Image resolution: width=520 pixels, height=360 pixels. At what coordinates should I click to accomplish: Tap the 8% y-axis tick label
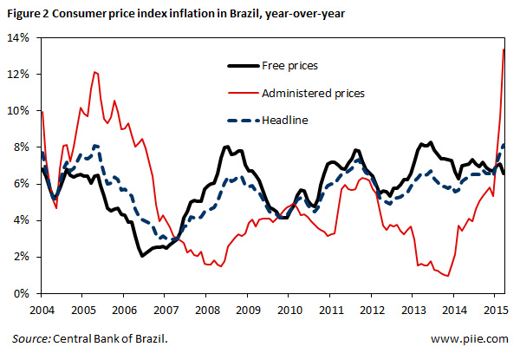(20, 147)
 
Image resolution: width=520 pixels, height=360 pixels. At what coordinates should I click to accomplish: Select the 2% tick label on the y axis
(20, 258)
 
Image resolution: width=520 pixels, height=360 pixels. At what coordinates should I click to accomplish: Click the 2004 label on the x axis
(42, 309)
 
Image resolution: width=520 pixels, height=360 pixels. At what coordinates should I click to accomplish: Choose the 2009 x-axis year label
(249, 309)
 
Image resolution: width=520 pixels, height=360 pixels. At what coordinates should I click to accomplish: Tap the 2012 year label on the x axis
(373, 309)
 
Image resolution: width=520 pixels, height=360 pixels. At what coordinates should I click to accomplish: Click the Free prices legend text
(289, 66)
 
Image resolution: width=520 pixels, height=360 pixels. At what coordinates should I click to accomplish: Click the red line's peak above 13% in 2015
(504, 49)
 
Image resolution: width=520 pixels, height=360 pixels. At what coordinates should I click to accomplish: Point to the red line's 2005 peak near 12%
(95, 72)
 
